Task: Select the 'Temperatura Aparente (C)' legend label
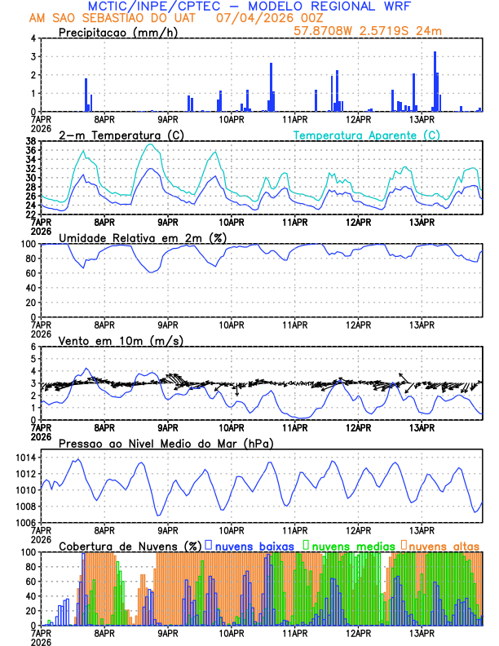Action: click(x=366, y=135)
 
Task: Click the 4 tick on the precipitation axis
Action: click(x=32, y=38)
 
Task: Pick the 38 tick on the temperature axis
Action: click(x=30, y=140)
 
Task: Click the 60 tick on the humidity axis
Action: click(x=30, y=273)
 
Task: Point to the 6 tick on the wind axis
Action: click(x=32, y=347)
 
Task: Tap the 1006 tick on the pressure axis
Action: click(x=25, y=522)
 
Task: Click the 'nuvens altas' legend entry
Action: click(x=444, y=545)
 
